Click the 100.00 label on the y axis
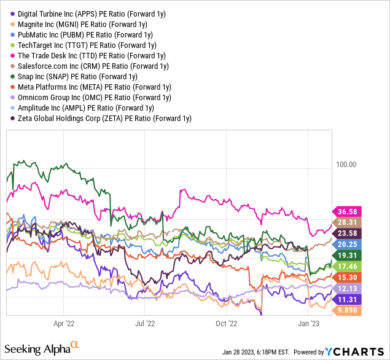[x=346, y=164]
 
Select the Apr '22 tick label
[x=64, y=323]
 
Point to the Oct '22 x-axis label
[x=227, y=323]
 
